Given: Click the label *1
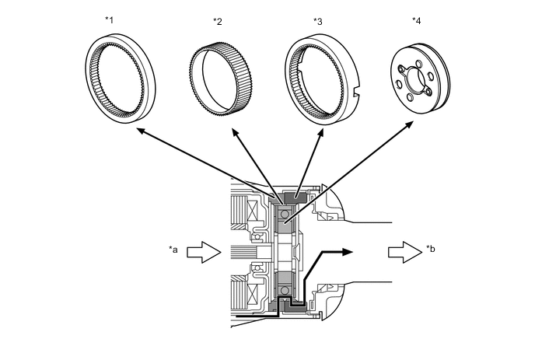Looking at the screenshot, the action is (109, 19).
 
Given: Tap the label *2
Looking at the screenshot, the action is (218, 22).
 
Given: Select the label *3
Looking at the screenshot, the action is (318, 22).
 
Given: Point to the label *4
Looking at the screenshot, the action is (417, 21).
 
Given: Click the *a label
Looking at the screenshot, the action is (173, 250).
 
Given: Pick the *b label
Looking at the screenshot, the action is (431, 249).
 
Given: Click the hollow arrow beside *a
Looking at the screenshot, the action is (204, 252).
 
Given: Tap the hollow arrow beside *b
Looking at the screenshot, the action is (405, 252).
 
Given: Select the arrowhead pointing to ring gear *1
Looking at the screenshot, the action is (140, 131).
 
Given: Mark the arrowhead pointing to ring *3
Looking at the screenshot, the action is (320, 133).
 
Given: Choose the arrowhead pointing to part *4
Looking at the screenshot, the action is (409, 124).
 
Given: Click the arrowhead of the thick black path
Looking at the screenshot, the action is (347, 252).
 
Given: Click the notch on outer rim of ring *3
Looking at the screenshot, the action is (356, 91).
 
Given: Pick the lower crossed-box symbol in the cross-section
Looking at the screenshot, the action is (254, 293).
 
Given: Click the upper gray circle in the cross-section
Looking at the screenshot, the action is (284, 215).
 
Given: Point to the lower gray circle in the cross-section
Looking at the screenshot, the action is (284, 290).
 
